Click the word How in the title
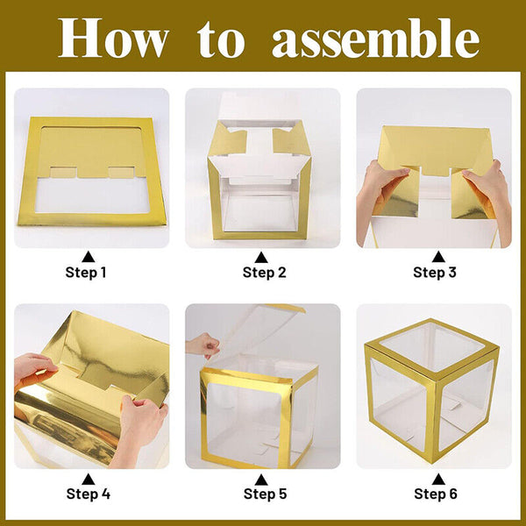point(111,38)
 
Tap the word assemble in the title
point(375,38)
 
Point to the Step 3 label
point(435,272)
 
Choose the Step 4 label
point(88,494)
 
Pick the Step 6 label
point(435,494)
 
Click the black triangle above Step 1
point(87,256)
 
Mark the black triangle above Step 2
point(260,256)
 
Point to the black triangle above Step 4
point(87,478)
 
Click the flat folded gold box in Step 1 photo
point(91,171)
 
